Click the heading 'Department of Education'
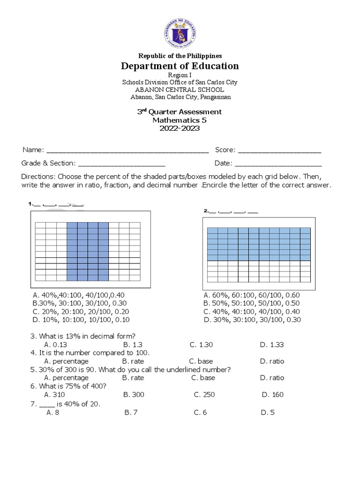(180, 66)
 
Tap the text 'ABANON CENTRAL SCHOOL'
(180, 90)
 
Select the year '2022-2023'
(180, 128)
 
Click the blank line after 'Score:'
(280, 150)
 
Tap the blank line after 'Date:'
(278, 164)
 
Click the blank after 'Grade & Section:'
(121, 164)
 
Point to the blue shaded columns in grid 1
(88, 252)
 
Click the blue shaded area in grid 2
(259, 244)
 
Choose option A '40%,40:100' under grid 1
(79, 295)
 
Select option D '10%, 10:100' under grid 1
(81, 320)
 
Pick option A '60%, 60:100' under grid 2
(251, 295)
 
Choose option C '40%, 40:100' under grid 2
(251, 311)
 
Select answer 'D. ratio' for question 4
(272, 361)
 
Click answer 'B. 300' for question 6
(134, 394)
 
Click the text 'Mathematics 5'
(180, 120)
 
